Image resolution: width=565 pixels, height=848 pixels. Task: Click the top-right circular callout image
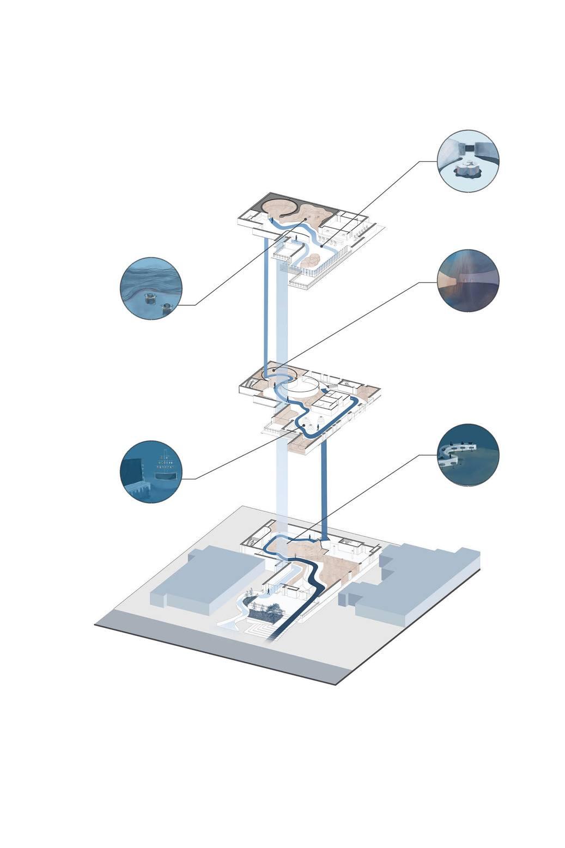pyautogui.click(x=468, y=160)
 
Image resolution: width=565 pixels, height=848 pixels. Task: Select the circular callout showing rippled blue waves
pyautogui.click(x=151, y=288)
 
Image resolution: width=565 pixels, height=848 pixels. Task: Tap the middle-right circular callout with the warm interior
pyautogui.click(x=468, y=280)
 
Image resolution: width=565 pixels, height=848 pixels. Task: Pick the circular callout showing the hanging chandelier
pyautogui.click(x=151, y=471)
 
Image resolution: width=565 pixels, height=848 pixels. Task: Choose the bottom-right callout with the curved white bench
pyautogui.click(x=468, y=455)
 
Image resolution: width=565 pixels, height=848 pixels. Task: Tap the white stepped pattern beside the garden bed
pyautogui.click(x=260, y=631)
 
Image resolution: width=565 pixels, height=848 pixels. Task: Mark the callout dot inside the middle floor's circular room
pyautogui.click(x=274, y=371)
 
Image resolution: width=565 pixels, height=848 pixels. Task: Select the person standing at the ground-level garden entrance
pyautogui.click(x=269, y=591)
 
